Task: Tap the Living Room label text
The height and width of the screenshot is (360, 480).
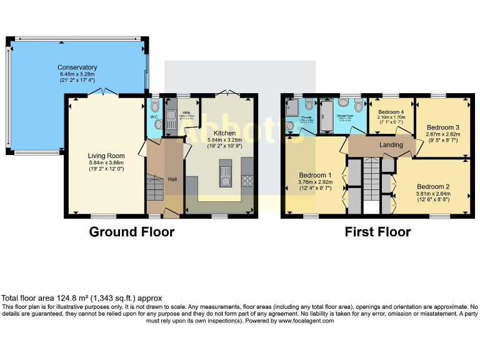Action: coord(106,156)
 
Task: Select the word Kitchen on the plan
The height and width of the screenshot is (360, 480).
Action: coord(224,133)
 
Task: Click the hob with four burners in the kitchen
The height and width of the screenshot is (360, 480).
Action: coord(246,181)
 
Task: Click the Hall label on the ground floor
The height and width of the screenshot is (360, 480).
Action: coord(172,179)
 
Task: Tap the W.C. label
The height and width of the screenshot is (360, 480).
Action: coord(154,117)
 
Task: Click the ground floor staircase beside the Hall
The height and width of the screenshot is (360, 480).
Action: coord(154,188)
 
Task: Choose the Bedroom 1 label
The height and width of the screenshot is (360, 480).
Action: coord(314,175)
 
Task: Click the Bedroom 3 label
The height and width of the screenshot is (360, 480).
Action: coord(443,127)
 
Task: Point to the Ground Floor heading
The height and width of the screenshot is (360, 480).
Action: coord(131,232)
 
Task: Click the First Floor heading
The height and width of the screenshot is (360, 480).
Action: coord(377,232)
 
